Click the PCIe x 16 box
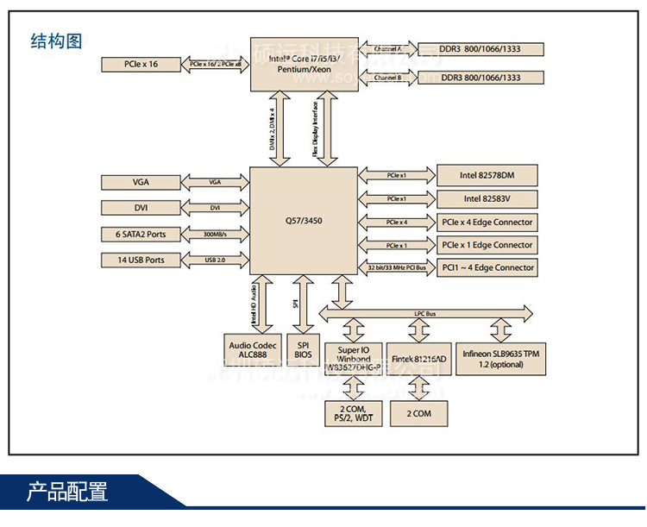click(141, 64)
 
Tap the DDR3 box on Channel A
click(481, 49)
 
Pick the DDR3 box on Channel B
click(481, 78)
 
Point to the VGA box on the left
click(141, 182)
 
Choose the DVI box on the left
click(141, 208)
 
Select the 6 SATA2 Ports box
click(141, 234)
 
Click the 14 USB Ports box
click(141, 260)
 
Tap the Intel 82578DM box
click(487, 176)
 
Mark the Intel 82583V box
click(487, 199)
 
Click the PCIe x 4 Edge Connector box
click(487, 223)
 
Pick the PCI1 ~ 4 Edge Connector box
click(487, 267)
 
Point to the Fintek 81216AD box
click(418, 359)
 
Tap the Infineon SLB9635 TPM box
click(501, 359)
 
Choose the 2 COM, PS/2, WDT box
click(353, 413)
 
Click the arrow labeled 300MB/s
click(215, 234)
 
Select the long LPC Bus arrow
click(425, 311)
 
